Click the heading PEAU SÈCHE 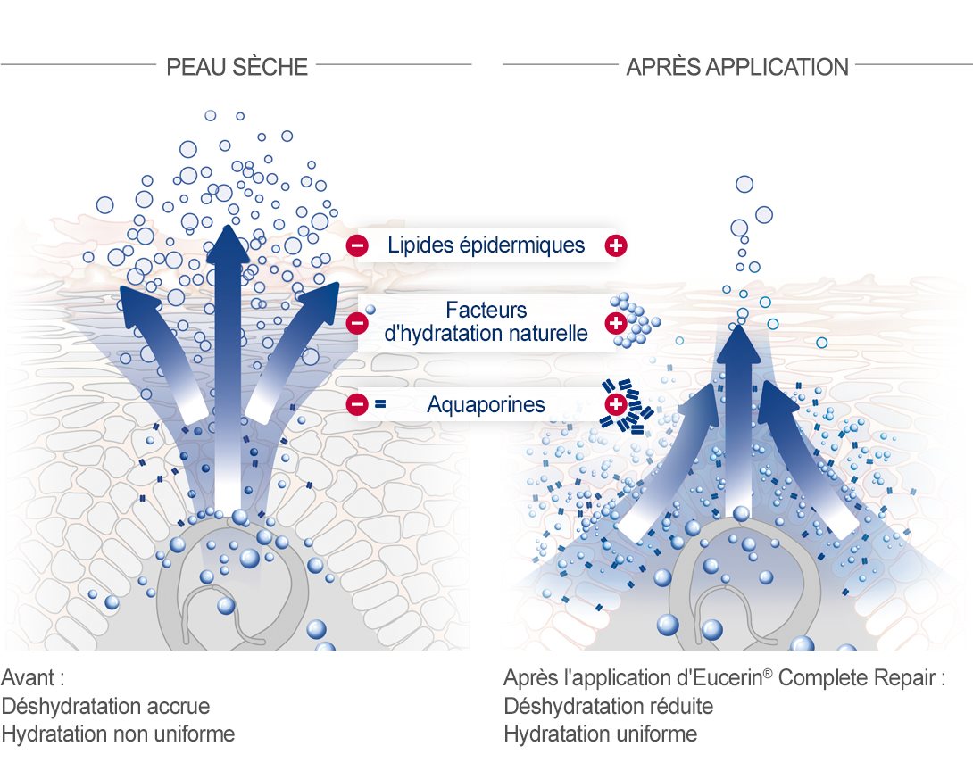point(237,67)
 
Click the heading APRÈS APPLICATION point(737,67)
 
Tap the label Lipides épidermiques point(486,245)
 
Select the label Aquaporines point(486,404)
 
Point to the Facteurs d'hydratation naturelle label point(486,321)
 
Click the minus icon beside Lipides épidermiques point(357,245)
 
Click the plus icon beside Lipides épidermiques point(616,245)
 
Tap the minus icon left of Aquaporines point(357,404)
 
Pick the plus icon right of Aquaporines point(616,404)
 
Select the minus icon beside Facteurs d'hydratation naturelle point(357,322)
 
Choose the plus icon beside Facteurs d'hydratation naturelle point(616,322)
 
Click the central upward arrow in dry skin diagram point(229,366)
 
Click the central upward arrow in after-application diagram point(738,422)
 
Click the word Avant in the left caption point(29,677)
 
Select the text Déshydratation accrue point(105,706)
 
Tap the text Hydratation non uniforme point(118,734)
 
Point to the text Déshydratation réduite point(608,706)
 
